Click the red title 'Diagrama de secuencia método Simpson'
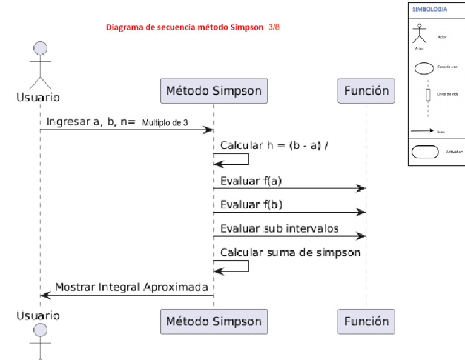[185, 27]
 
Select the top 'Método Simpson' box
[213, 91]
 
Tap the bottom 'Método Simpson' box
[213, 321]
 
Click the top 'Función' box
[366, 91]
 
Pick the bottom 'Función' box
[366, 321]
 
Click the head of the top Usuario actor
[41, 48]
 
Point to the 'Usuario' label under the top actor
[38, 96]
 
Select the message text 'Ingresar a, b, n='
[90, 121]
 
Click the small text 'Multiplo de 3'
[165, 122]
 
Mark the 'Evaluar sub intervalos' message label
[279, 228]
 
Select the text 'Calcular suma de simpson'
[290, 252]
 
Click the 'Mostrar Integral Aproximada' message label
[131, 286]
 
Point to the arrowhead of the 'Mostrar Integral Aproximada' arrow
[42, 295]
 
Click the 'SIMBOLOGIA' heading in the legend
[430, 10]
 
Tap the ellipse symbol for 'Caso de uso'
[424, 68]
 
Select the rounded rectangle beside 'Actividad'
[425, 152]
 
